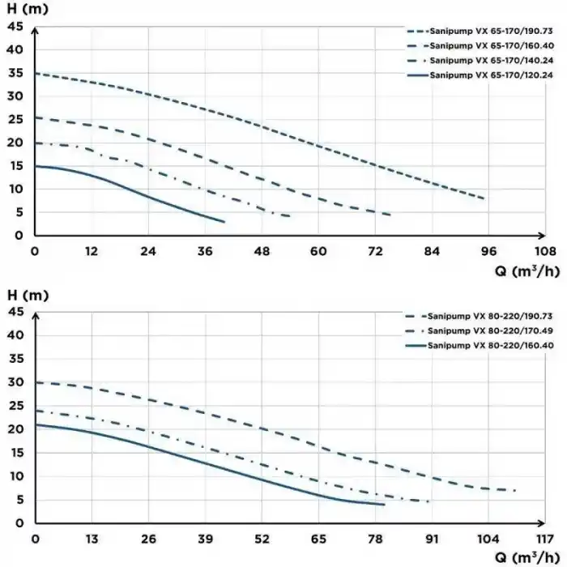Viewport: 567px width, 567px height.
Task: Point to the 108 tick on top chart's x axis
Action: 545,251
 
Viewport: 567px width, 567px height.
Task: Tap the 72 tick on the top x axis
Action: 375,251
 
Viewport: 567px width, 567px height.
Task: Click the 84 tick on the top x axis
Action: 432,251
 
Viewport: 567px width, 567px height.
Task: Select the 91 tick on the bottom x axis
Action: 432,538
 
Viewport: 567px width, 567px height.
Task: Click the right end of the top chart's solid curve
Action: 224,221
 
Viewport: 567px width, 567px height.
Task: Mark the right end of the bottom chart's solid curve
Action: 385,505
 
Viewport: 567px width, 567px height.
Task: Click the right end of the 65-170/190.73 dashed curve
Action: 485,198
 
